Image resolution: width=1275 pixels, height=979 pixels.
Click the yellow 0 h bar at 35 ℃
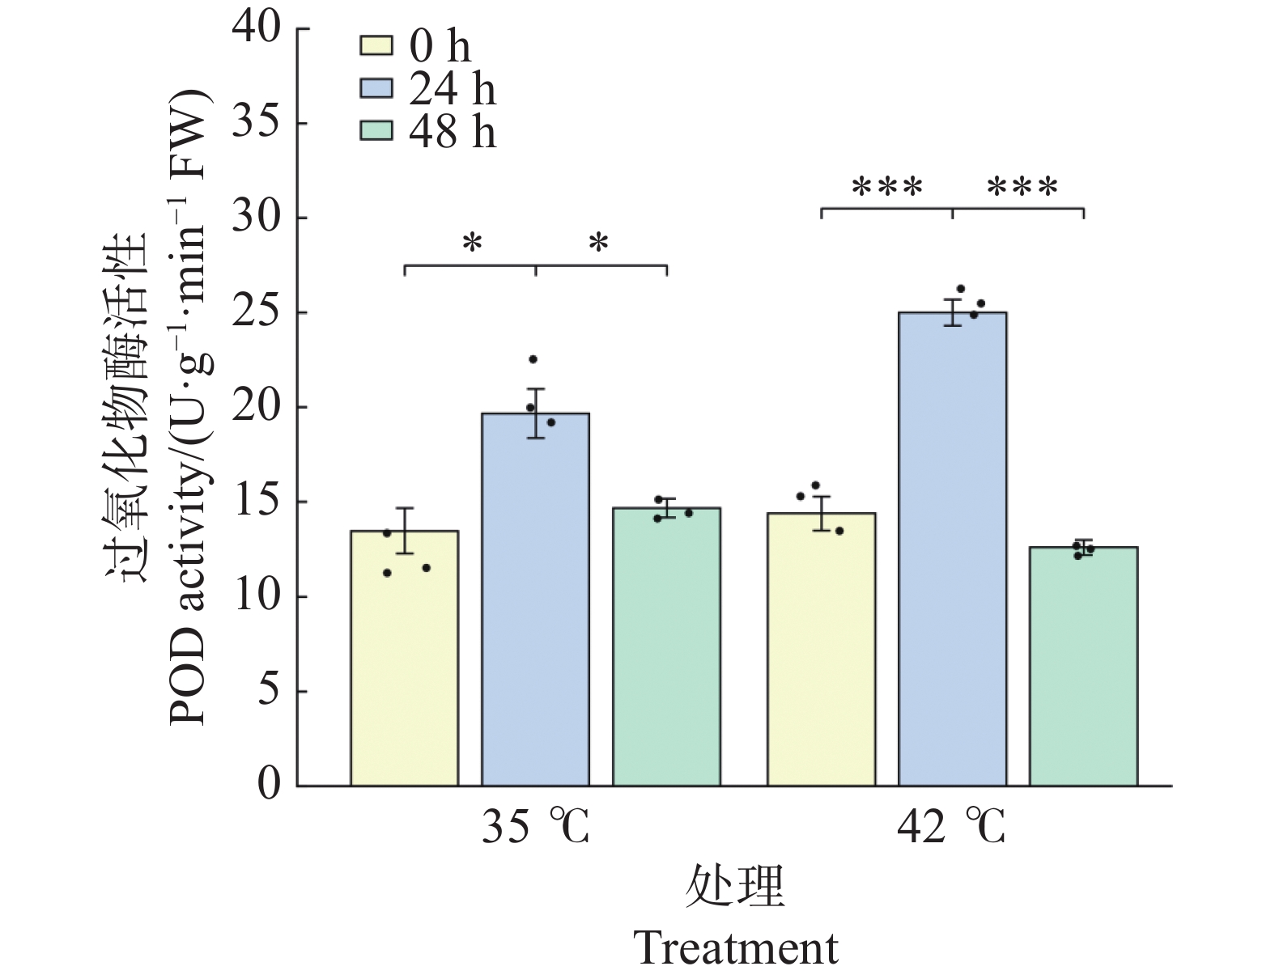point(404,658)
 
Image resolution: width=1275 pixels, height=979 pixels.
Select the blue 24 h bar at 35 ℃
point(535,599)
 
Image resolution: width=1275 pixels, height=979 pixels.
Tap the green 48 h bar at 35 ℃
point(666,646)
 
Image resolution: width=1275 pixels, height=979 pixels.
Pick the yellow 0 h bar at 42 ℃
point(822,649)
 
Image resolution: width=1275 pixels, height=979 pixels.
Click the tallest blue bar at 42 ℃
point(952,549)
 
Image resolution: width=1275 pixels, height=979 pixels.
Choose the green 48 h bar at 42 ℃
point(1084,666)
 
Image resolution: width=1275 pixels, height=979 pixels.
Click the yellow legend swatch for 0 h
point(376,46)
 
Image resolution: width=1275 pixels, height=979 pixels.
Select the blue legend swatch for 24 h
point(376,88)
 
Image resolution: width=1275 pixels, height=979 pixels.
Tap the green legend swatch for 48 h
point(376,131)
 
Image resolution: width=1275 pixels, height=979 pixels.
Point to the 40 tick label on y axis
point(256,28)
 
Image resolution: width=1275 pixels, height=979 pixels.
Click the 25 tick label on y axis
point(256,312)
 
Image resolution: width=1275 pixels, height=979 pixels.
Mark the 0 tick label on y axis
point(269,786)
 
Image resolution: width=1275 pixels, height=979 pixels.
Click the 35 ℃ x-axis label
point(535,827)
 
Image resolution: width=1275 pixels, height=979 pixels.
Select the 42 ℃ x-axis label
point(951,827)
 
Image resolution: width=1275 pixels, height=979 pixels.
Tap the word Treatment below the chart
point(736,948)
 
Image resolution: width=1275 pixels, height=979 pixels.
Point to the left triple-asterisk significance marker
point(887,187)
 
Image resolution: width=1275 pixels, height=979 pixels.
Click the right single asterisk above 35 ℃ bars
point(598,242)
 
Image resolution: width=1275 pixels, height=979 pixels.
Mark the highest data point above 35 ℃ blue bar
point(533,358)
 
